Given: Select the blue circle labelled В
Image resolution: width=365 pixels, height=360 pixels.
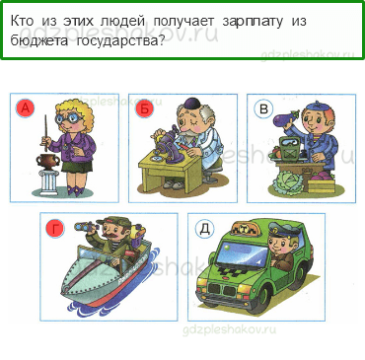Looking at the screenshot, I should [x=262, y=109].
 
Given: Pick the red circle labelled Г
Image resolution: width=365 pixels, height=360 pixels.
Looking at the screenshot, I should [x=54, y=229].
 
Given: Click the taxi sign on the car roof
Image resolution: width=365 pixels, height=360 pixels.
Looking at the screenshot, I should [x=265, y=226].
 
